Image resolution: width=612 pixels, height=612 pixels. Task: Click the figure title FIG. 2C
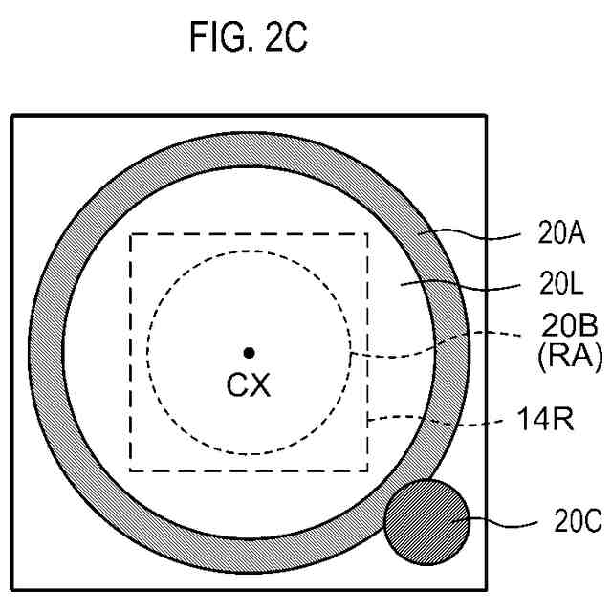tap(249, 37)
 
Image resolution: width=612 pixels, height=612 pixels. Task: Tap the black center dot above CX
tap(249, 353)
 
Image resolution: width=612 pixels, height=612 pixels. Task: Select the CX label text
tap(249, 384)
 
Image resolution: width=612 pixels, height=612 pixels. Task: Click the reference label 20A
tap(561, 233)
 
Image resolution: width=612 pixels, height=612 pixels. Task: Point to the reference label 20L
tap(561, 284)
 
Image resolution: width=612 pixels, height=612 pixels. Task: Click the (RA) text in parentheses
tap(570, 357)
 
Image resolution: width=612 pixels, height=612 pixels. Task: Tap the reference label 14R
tap(545, 420)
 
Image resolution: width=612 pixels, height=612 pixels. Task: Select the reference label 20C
tap(578, 521)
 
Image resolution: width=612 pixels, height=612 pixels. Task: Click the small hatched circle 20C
tap(426, 522)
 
